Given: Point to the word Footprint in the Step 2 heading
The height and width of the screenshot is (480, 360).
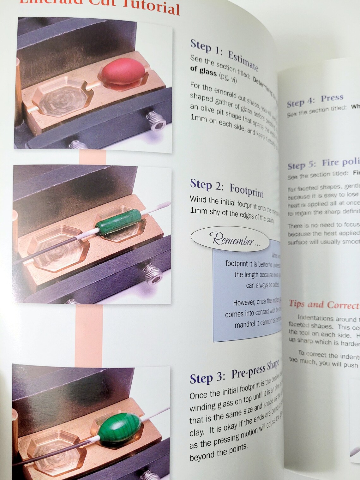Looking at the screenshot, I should [x=246, y=189].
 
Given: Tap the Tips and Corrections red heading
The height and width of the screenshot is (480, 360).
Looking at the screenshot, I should [x=324, y=304].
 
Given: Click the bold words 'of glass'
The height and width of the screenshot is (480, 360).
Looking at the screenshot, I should [x=203, y=71].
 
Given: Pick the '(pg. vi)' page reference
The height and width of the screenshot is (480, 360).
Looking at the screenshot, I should [x=228, y=77].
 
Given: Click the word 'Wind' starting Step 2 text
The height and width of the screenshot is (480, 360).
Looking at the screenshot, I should [x=198, y=200].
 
